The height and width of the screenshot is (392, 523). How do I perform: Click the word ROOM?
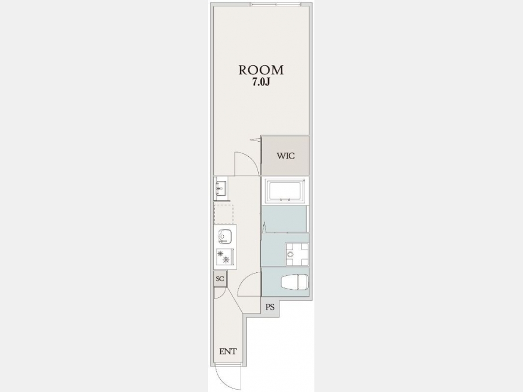[x=261, y=70]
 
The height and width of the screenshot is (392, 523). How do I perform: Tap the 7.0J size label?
[x=261, y=82]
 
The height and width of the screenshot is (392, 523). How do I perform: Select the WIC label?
[x=285, y=156]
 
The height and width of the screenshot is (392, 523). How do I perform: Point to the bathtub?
[x=285, y=190]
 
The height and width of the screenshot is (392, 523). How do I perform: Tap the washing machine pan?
[x=296, y=254]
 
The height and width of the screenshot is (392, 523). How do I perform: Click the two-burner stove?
[x=225, y=257]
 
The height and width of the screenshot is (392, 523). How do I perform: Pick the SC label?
[x=220, y=279]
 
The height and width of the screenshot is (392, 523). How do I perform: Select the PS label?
[x=270, y=307]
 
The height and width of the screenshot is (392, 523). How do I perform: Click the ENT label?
[x=228, y=351]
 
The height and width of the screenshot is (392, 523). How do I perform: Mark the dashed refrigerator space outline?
[x=224, y=214]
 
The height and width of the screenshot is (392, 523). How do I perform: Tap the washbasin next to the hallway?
[x=221, y=189]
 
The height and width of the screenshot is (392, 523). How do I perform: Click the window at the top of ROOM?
[x=276, y=5]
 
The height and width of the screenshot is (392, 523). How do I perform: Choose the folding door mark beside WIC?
[x=256, y=139]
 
